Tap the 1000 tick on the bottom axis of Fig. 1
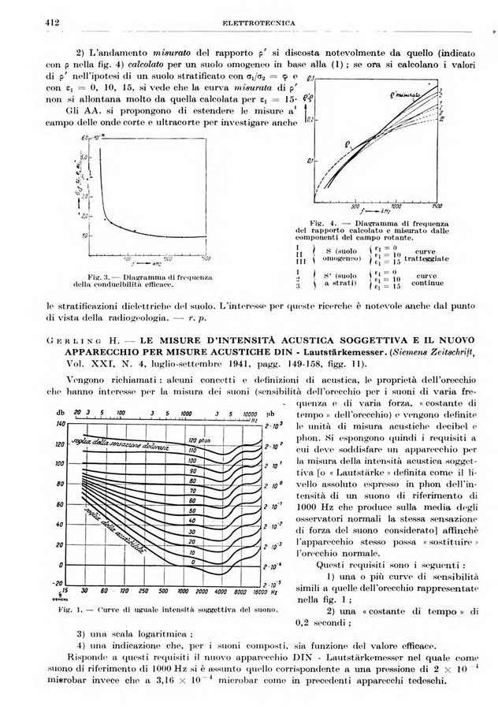[x=188, y=590]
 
